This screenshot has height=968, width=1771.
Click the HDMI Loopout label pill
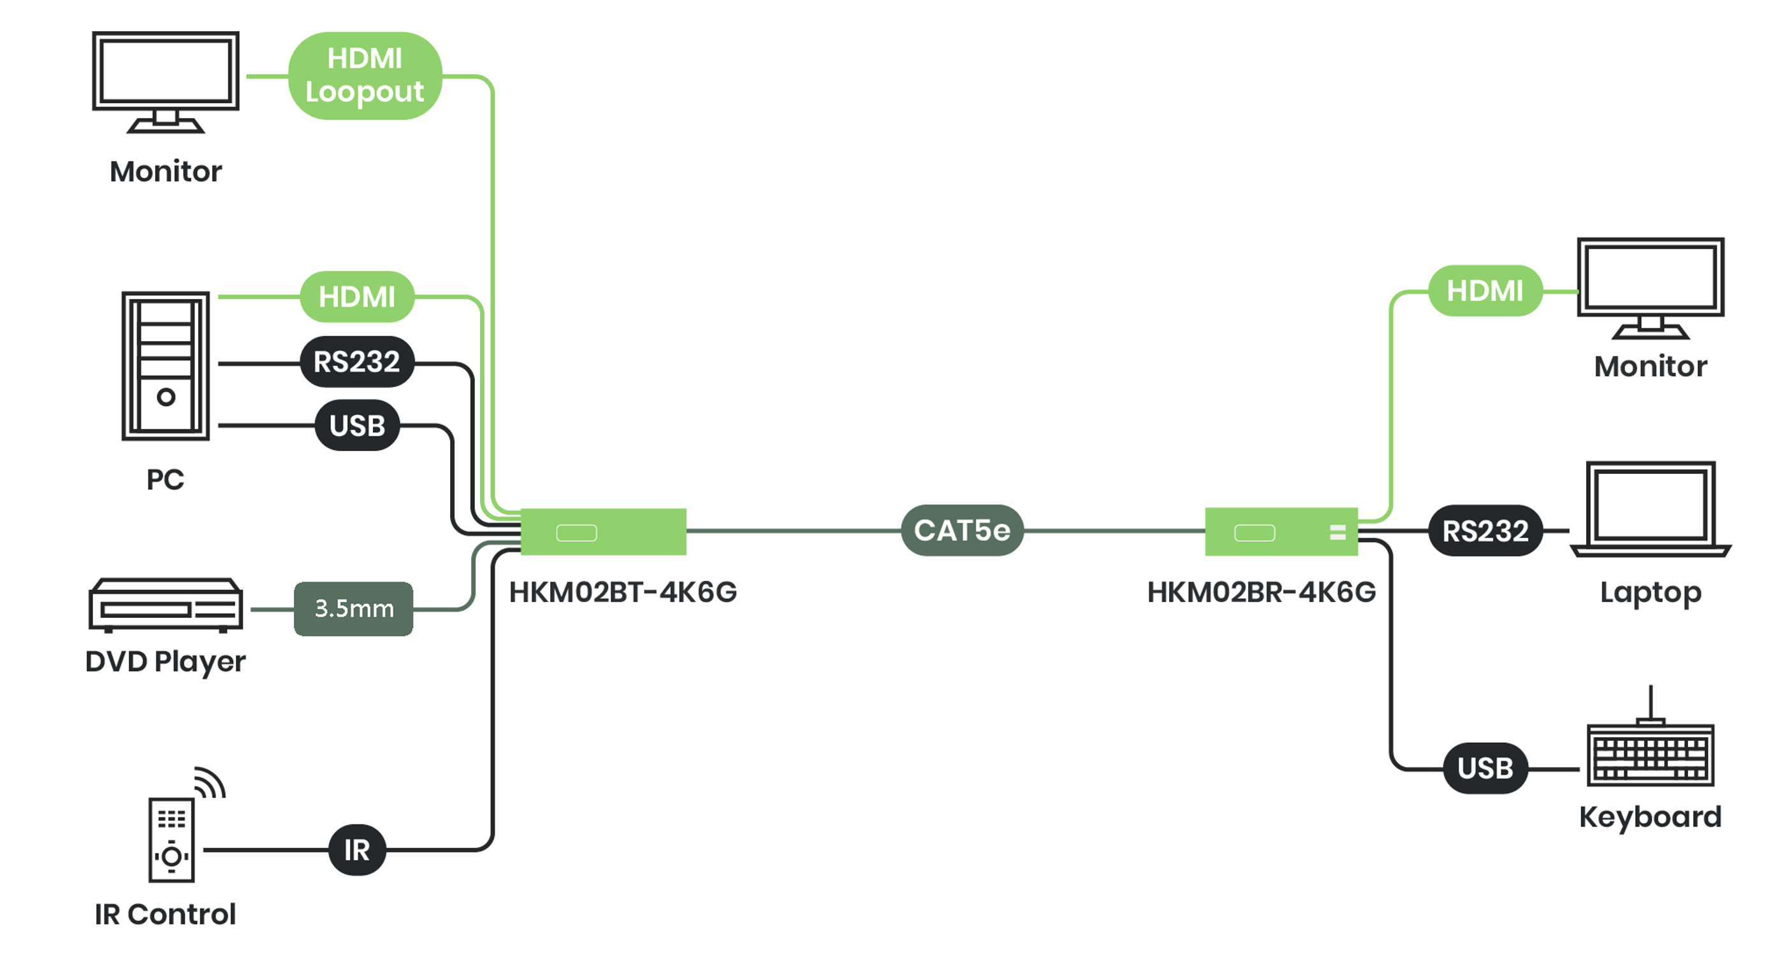coord(365,76)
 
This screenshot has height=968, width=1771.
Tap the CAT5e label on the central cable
coord(962,530)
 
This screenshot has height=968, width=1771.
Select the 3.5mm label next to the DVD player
coord(353,608)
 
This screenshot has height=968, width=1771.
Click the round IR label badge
coord(357,850)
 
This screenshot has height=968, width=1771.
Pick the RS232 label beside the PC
coord(357,362)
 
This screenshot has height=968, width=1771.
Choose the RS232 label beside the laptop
coord(1485,531)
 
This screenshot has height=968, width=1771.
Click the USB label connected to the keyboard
coord(1485,768)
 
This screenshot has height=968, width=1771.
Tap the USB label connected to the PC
coord(357,425)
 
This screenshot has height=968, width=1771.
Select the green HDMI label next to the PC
coord(357,297)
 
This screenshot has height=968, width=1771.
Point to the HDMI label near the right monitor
coord(1485,291)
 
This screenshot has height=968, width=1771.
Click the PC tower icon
coord(166,366)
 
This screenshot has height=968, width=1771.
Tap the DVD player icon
coord(166,605)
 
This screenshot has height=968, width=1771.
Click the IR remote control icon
coord(172,839)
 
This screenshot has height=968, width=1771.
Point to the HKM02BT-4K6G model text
coord(622,592)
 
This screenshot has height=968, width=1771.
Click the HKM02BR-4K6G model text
coord(1262,592)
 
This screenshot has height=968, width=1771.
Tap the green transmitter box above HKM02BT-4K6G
coord(603,531)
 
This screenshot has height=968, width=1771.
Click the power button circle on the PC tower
coord(166,397)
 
